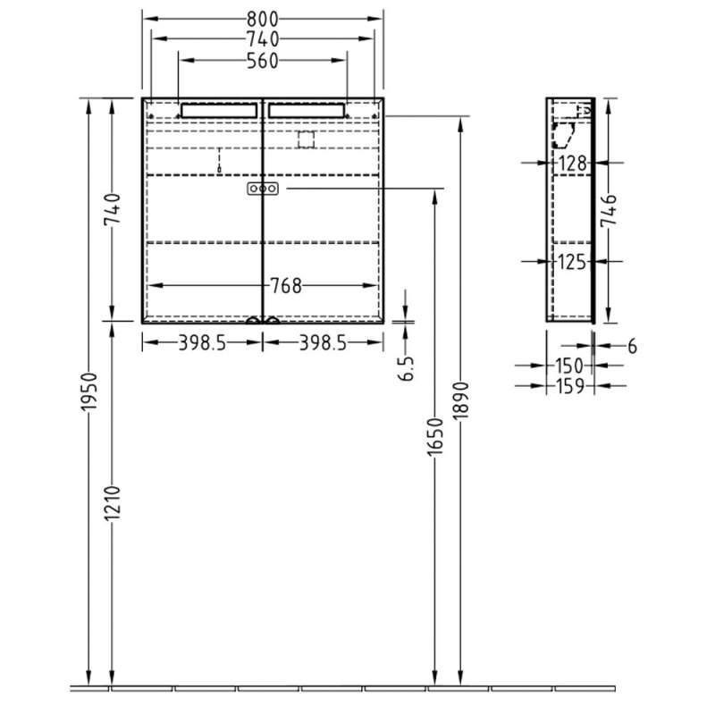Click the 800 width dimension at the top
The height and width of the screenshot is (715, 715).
pyautogui.click(x=263, y=18)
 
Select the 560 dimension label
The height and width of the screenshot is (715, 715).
pyautogui.click(x=263, y=61)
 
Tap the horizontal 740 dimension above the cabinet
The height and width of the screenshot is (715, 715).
pyautogui.click(x=263, y=38)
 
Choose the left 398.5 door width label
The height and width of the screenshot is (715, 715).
pyautogui.click(x=201, y=342)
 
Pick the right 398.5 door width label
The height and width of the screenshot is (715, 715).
pyautogui.click(x=324, y=342)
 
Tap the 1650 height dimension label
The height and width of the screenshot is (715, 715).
pyautogui.click(x=434, y=438)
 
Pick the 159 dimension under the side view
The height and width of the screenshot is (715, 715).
pyautogui.click(x=571, y=385)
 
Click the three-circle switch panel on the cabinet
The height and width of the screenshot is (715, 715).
pyautogui.click(x=263, y=189)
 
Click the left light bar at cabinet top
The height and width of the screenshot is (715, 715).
pyautogui.click(x=218, y=110)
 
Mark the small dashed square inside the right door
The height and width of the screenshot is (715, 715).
pyautogui.click(x=307, y=139)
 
